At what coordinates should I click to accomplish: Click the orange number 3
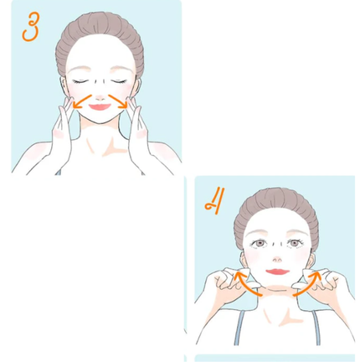coord(30,28)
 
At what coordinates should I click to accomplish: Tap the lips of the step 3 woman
coord(100,107)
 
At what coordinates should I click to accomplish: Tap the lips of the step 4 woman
coord(278,271)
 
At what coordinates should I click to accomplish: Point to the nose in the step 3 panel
coord(100,98)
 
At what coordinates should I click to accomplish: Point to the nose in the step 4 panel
coord(277,260)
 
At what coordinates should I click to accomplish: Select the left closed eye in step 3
coord(80,81)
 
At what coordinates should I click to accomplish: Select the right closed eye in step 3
coord(119,81)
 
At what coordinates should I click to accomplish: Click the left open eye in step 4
coord(260,244)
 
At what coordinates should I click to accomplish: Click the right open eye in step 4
coord(295,243)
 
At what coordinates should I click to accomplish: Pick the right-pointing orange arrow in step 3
coord(119,101)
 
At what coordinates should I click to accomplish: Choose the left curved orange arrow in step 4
coord(244,284)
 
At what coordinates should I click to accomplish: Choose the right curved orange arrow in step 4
coord(309,284)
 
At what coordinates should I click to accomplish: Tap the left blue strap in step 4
coord(239,328)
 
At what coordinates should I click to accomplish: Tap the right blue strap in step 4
coord(316,328)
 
